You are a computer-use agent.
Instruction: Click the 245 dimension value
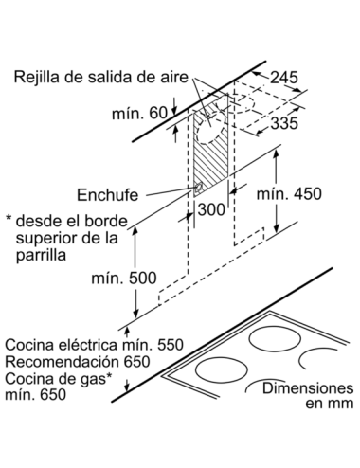pos(284,77)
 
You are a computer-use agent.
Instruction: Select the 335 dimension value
pos(284,123)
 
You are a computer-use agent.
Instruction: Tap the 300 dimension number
pos(211,209)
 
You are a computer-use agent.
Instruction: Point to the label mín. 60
pos(139,114)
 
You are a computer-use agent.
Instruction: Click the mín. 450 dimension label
pos(289,193)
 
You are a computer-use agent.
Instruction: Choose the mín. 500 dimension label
pos(124,279)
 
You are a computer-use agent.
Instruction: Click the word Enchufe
pos(108,195)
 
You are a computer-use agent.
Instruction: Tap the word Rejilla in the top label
pos(36,77)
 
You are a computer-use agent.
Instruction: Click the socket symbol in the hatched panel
pos(199,189)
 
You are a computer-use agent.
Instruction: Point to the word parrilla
pos(41,255)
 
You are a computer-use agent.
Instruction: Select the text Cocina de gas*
pos(59,379)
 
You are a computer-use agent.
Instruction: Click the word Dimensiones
pos(308,388)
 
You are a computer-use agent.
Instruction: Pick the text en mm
pos(330,404)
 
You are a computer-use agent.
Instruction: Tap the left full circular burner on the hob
pos(222,370)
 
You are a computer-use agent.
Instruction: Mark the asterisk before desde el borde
pos(9,218)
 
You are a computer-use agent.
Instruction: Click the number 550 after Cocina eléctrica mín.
pos(171,345)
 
